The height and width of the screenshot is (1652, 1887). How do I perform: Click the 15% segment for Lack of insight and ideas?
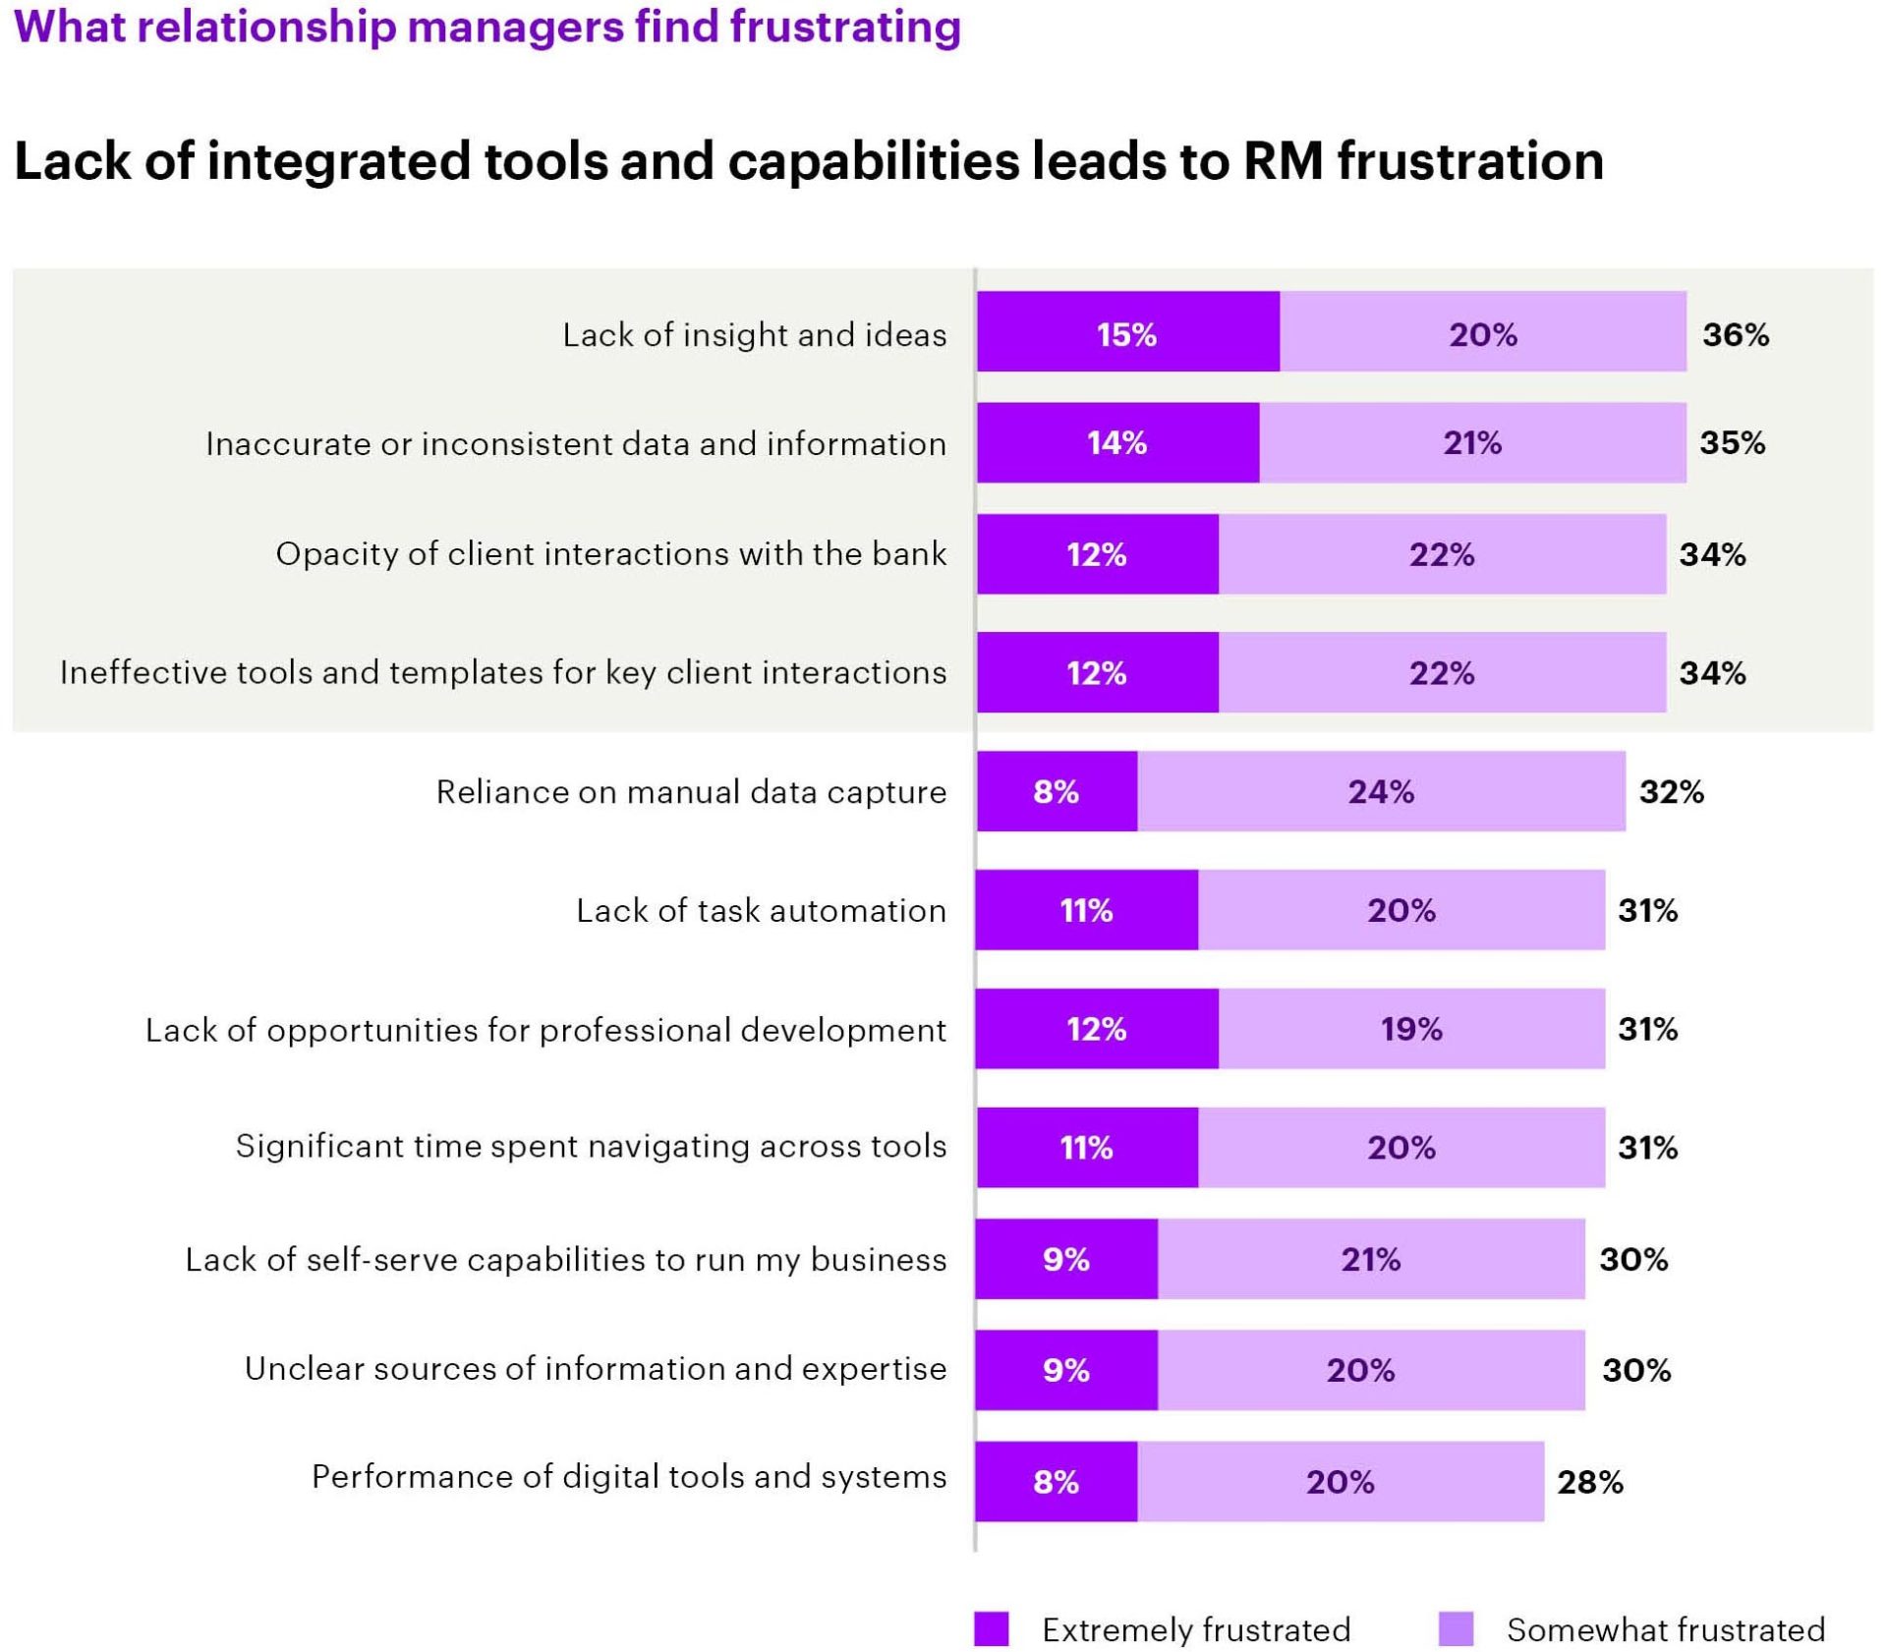[1127, 331]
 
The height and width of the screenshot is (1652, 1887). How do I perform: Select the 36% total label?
[1736, 334]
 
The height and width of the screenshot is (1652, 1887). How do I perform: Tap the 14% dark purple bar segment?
[1116, 442]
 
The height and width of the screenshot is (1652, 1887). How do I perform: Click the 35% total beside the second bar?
[1732, 442]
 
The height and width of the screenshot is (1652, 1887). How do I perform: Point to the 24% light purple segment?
[1381, 791]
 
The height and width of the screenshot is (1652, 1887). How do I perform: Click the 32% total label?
[1671, 791]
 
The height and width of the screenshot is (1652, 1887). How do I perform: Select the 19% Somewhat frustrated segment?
[1411, 1028]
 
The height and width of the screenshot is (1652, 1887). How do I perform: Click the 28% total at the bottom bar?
[1589, 1481]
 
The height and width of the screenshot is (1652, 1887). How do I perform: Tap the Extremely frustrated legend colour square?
[991, 1628]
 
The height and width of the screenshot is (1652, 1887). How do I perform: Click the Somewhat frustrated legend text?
[1665, 1629]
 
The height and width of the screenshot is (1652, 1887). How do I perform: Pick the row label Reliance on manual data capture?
[691, 791]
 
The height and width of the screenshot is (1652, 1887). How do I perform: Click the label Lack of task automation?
[761, 910]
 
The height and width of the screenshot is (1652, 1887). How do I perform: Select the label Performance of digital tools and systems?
[629, 1476]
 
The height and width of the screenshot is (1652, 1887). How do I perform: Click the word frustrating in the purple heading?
[845, 27]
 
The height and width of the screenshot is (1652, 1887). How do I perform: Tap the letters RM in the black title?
[1283, 160]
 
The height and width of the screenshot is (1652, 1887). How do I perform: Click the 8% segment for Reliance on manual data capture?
[1057, 791]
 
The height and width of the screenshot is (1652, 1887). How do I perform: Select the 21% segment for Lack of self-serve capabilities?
[1370, 1259]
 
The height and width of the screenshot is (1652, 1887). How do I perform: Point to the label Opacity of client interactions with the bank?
[610, 553]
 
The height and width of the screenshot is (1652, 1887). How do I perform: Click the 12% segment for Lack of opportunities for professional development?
[1096, 1028]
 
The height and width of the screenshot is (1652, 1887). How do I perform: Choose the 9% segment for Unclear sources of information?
[1066, 1369]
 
